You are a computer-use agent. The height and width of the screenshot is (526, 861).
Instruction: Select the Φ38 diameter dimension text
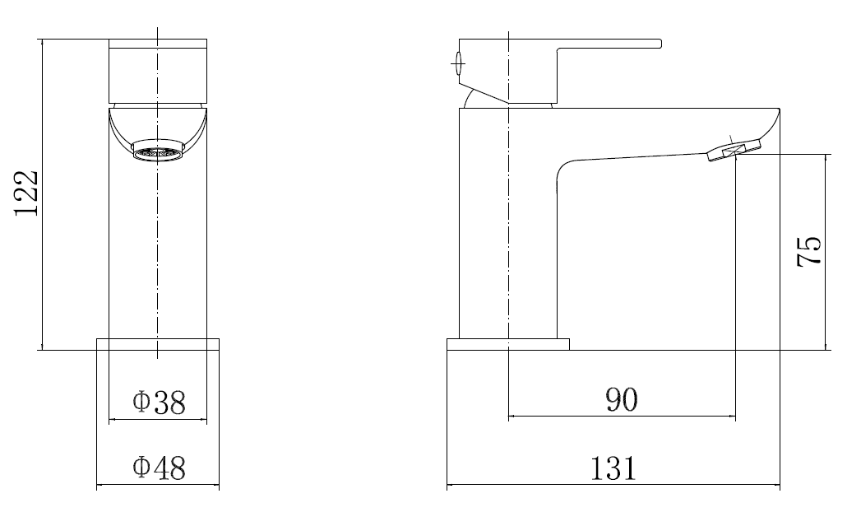[159, 403]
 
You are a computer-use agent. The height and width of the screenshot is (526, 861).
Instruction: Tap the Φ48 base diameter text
[159, 468]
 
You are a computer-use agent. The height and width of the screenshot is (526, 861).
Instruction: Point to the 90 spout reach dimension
[622, 400]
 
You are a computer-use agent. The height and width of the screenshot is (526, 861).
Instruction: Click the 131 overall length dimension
[613, 469]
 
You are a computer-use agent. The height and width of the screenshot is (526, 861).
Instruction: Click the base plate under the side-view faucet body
[507, 344]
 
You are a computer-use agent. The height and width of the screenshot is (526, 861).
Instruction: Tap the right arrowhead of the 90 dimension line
[732, 417]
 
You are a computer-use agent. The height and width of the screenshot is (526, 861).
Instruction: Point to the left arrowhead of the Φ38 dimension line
[112, 420]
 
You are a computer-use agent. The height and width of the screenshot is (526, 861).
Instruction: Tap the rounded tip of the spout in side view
[774, 123]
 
